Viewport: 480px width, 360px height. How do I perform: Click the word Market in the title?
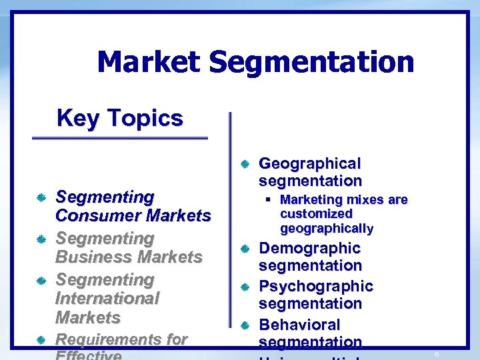pos(148,63)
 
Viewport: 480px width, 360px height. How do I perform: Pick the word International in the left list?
pos(107,298)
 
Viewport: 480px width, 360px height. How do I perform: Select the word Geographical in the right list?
pos(309,163)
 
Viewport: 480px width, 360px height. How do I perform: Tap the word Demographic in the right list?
pos(309,248)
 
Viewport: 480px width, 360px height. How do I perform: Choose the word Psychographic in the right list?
pos(315,286)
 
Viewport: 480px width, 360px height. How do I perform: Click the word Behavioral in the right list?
pos(299,325)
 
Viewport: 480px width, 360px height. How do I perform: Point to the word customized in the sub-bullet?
pos(316,214)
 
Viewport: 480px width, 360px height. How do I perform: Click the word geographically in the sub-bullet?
pos(327,229)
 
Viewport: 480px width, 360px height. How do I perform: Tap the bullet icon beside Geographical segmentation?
pos(245,164)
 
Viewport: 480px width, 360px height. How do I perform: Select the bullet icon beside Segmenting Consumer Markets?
pos(41,198)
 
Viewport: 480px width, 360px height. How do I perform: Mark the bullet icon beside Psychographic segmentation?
pos(245,287)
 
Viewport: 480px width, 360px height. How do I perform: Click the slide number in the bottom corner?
pos(436,354)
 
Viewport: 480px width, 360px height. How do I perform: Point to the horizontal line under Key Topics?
pos(120,138)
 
